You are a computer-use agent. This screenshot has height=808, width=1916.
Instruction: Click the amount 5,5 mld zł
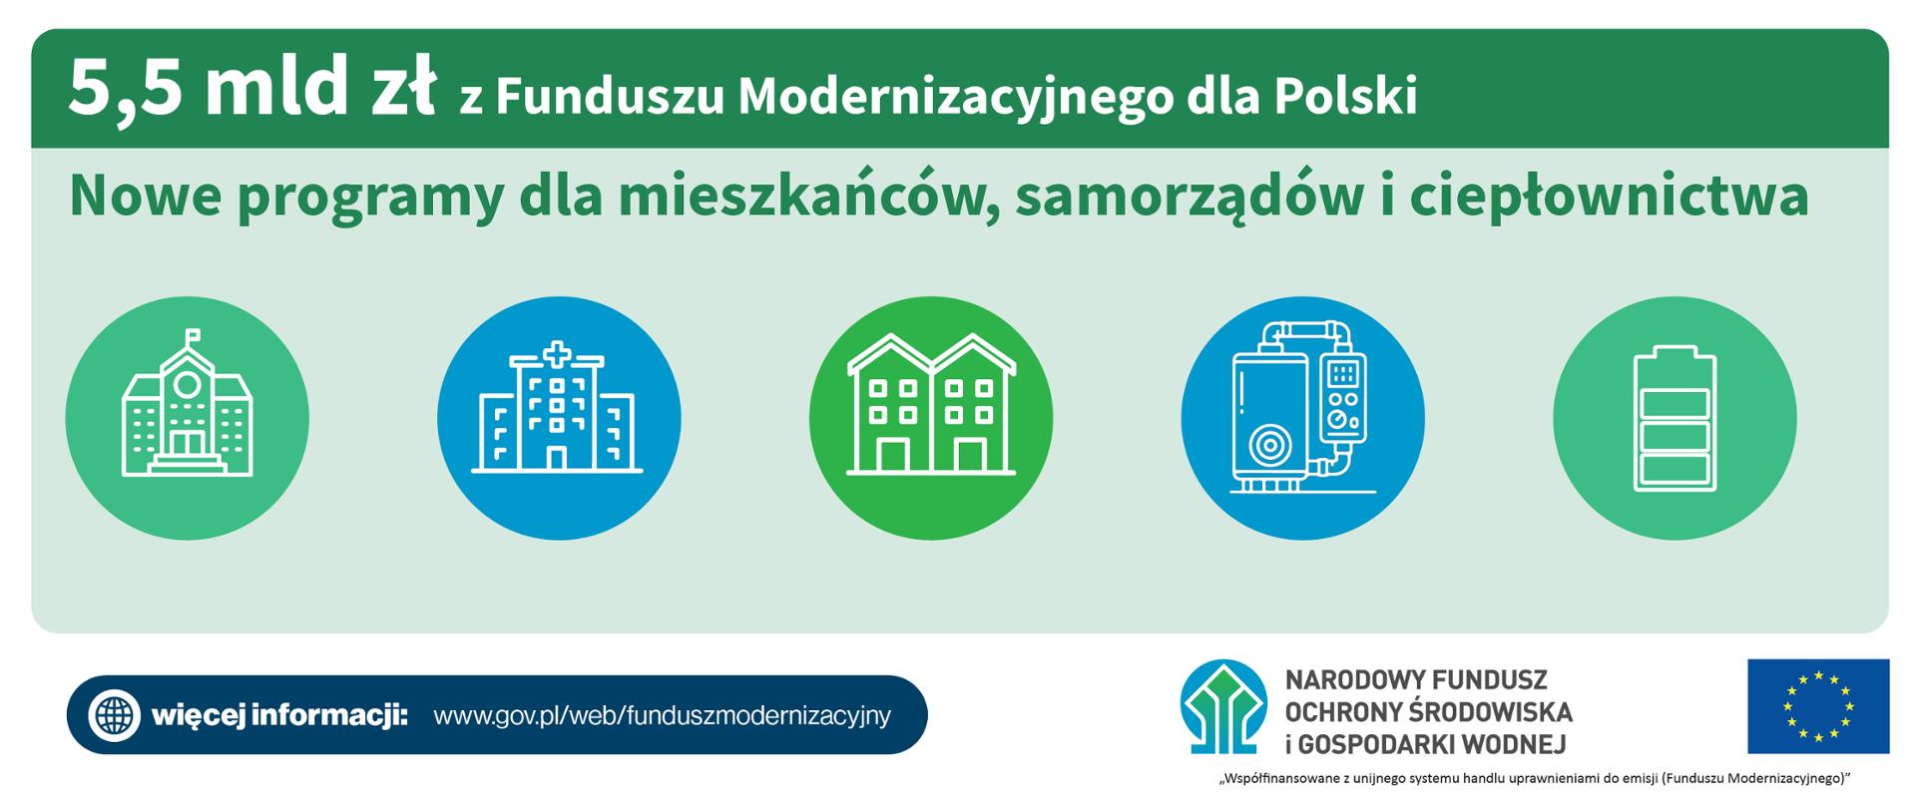pos(251,90)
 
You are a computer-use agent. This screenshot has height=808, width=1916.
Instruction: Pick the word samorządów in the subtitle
pos(1187,198)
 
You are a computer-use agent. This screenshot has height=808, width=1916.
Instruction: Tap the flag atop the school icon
pos(192,336)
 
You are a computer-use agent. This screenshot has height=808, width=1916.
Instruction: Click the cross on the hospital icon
pos(557,354)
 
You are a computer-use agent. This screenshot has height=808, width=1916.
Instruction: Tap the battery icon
pos(1674,419)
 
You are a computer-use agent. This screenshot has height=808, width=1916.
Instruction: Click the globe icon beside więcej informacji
pos(115,715)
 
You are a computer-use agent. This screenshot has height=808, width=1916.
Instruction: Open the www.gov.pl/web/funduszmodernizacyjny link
pos(662,716)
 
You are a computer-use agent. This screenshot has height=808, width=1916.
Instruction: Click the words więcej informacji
pos(279,716)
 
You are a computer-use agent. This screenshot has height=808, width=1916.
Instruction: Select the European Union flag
pos(1817,706)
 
